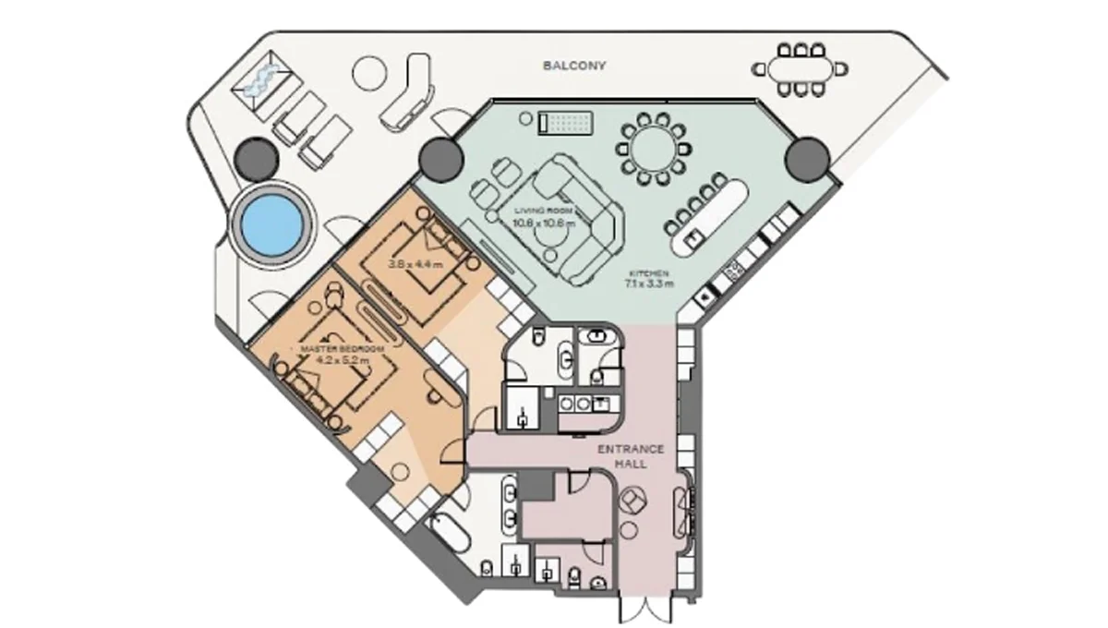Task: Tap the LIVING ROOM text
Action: (x=544, y=211)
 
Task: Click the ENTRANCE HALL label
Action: (x=631, y=456)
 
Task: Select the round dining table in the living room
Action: (x=653, y=145)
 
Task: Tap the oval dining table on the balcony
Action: (x=801, y=67)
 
